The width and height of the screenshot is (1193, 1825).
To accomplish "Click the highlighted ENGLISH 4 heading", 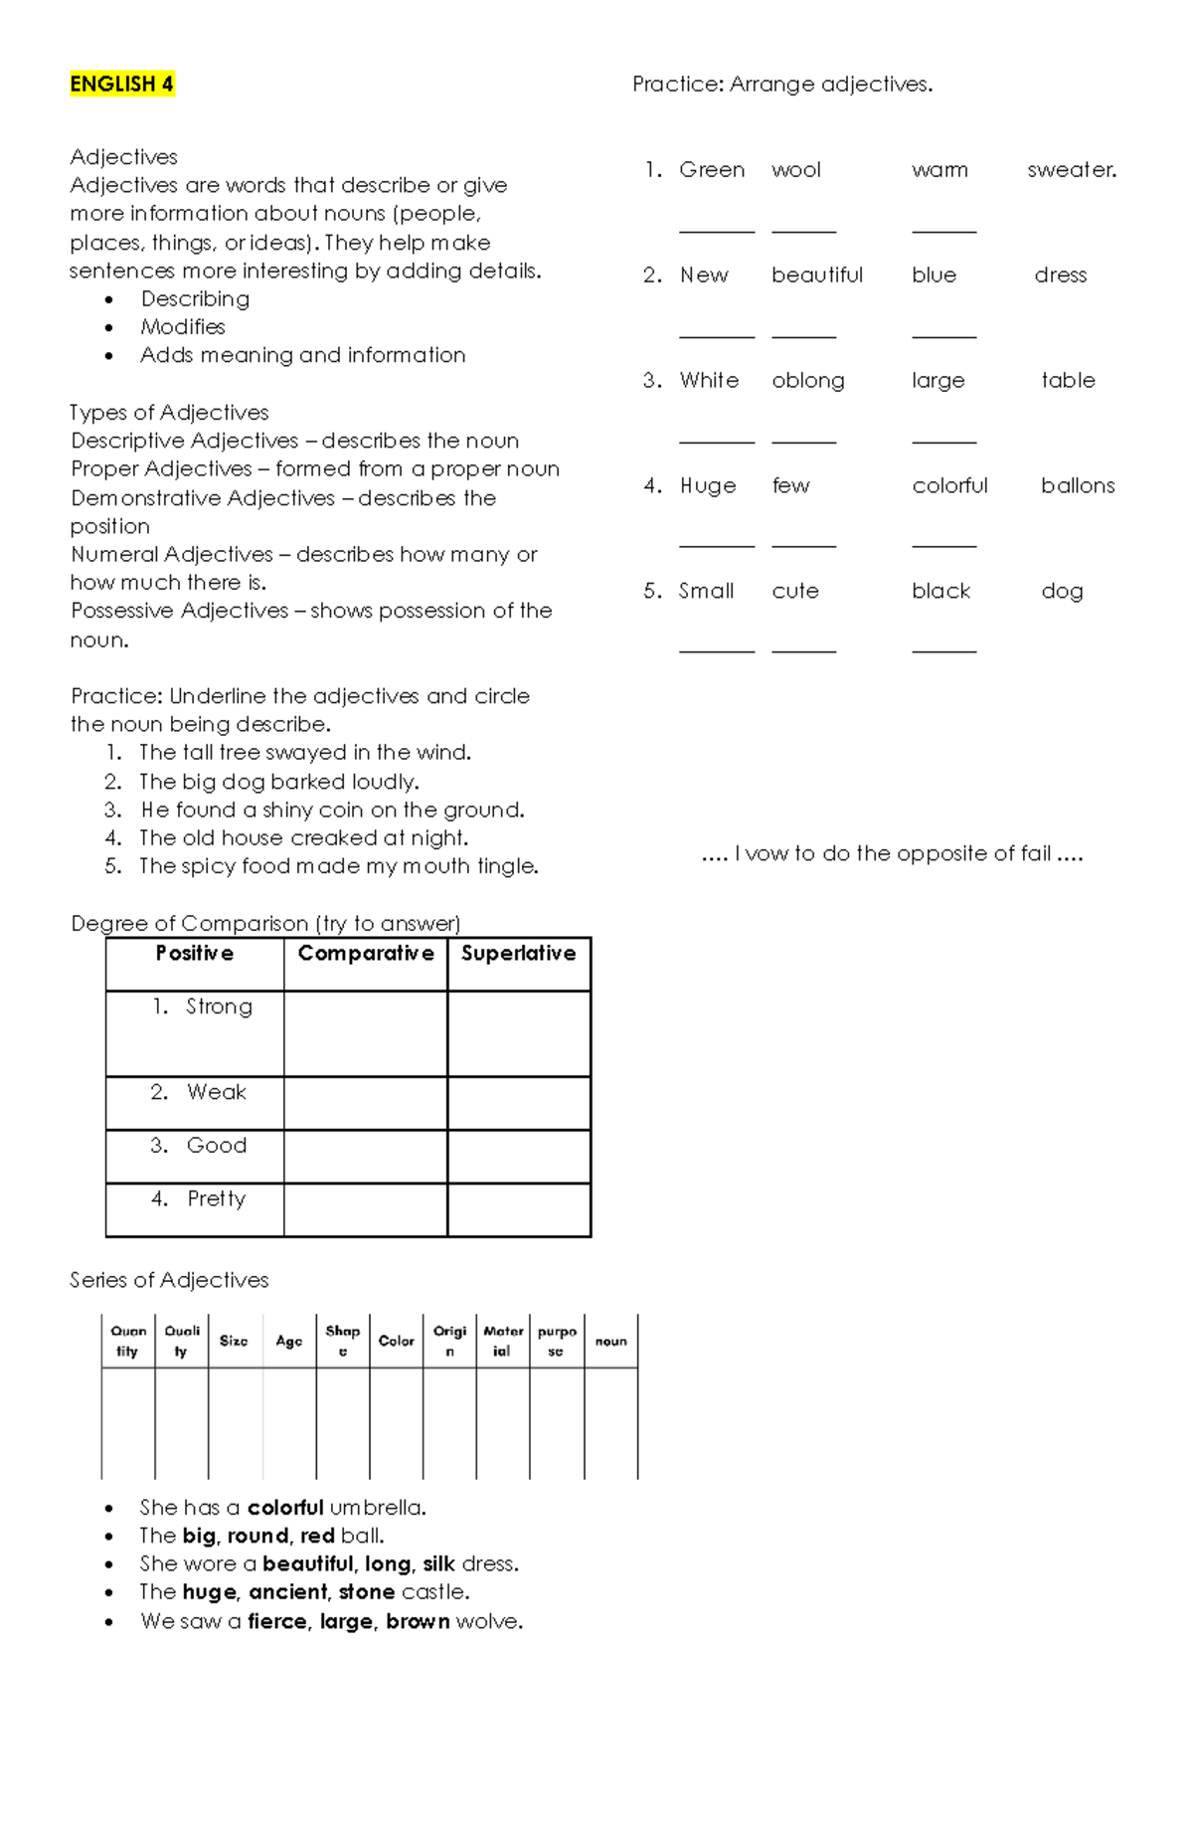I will (x=121, y=85).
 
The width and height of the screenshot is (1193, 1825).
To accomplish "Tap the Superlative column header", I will (x=518, y=954).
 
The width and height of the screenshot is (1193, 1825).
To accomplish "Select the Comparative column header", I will (x=366, y=954).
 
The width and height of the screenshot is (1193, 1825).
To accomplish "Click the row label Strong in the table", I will (x=219, y=1006).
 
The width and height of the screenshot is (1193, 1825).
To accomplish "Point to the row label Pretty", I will (x=216, y=1198).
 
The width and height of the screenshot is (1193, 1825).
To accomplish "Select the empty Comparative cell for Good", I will (x=366, y=1157).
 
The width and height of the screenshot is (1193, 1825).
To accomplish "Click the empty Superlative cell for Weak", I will (x=519, y=1103).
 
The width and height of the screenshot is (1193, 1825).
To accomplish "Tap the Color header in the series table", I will (x=396, y=1341).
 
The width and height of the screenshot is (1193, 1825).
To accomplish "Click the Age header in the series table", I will (x=289, y=1341).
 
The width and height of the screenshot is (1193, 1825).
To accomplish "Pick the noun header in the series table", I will (x=610, y=1341).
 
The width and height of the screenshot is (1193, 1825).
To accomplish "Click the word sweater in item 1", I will (x=1072, y=170).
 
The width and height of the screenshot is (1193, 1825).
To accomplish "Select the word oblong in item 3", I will (x=808, y=381).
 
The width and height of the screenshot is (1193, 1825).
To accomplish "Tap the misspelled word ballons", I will (x=1078, y=486).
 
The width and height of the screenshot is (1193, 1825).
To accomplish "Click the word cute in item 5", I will (x=795, y=592).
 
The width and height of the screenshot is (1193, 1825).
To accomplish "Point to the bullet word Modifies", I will (x=183, y=327).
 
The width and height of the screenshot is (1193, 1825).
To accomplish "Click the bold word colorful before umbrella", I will (x=285, y=1508).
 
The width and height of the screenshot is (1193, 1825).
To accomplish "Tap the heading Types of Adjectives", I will (x=169, y=413).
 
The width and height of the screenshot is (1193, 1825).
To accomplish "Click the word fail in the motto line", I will (x=1036, y=853).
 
